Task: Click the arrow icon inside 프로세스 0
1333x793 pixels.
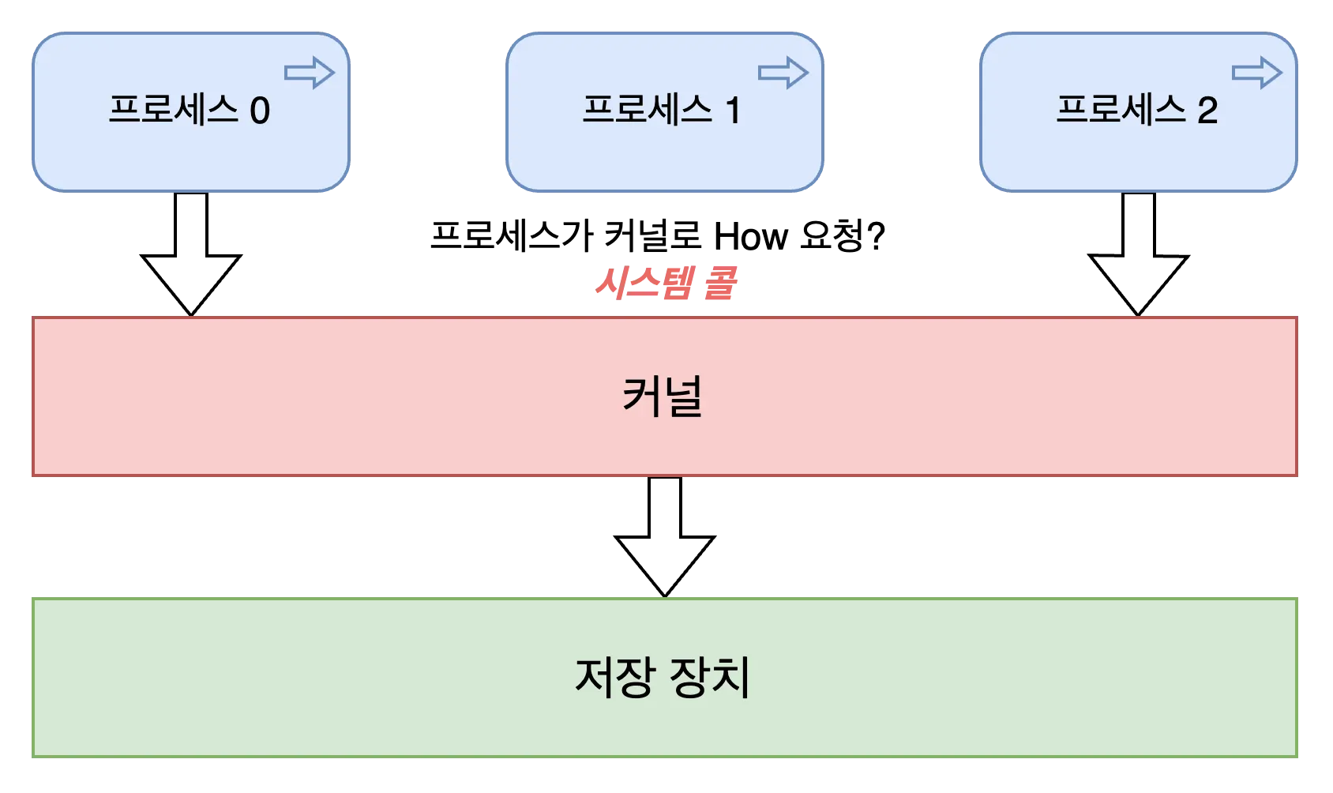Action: pos(310,73)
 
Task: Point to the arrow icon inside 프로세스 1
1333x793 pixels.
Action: pos(783,73)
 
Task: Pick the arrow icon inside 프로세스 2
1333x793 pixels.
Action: pos(1257,73)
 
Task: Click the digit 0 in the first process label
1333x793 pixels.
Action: pos(260,111)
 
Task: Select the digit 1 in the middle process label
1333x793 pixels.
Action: pos(734,111)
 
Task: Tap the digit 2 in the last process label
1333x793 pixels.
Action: pos(1207,111)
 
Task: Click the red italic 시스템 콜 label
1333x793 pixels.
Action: pos(665,284)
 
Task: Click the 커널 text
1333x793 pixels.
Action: pos(663,396)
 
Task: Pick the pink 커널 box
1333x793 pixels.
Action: pos(316,396)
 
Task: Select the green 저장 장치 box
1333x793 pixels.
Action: pos(316,677)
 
